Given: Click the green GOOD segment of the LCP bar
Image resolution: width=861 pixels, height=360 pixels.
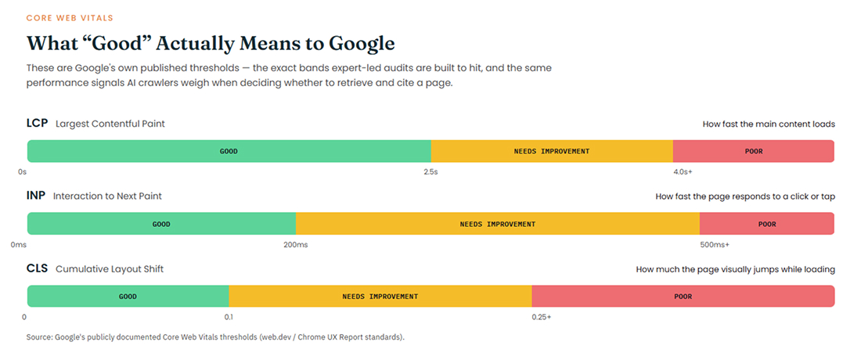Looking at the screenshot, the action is coord(229,151).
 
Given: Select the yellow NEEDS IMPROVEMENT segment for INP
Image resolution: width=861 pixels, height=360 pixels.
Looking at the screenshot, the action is coord(498,224).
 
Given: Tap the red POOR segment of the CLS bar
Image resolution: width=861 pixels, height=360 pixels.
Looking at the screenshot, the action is coord(683,297).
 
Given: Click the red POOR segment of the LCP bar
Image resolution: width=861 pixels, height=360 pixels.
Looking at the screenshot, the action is coord(753,151).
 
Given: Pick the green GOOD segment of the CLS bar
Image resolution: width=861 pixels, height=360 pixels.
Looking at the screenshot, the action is coord(128,297).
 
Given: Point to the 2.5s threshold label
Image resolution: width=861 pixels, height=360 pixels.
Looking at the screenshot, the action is coord(430,171).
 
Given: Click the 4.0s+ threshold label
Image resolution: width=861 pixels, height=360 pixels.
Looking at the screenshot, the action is coord(683,171).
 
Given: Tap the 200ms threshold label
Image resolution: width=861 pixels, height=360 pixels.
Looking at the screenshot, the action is coord(295,244).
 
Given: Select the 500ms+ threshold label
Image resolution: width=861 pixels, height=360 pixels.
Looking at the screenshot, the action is coord(715,244).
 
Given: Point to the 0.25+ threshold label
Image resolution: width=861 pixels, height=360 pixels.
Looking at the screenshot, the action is coord(542,317).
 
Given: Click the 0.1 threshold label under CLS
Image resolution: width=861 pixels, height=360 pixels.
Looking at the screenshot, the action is coord(229,317).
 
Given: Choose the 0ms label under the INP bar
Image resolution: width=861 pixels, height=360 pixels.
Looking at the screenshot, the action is coord(19,244).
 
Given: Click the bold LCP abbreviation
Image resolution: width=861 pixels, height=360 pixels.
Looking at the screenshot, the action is coord(38,124).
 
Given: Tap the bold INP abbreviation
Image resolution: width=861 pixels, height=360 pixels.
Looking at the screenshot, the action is coord(36,196).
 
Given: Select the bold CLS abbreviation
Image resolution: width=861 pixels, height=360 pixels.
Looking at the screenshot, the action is coord(38,268).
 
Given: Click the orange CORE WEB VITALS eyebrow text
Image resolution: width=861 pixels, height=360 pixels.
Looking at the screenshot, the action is coord(70,18).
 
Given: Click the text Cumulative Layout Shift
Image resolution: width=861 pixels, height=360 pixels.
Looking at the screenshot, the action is coord(110,269).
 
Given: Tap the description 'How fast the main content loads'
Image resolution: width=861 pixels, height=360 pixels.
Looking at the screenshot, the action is coord(769,124).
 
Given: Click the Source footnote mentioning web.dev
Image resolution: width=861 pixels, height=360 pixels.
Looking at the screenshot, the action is coord(215,337).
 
